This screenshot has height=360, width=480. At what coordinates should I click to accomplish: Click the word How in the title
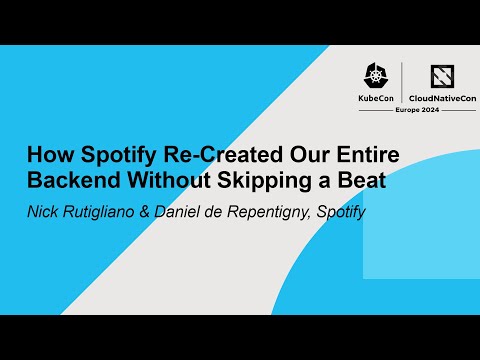click(x=46, y=156)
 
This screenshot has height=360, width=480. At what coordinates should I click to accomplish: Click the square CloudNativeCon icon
click(x=442, y=76)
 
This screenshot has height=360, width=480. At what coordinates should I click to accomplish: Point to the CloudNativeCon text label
click(x=441, y=99)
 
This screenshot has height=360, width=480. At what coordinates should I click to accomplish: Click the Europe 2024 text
click(x=441, y=111)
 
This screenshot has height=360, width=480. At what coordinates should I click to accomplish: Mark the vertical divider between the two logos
click(x=402, y=84)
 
